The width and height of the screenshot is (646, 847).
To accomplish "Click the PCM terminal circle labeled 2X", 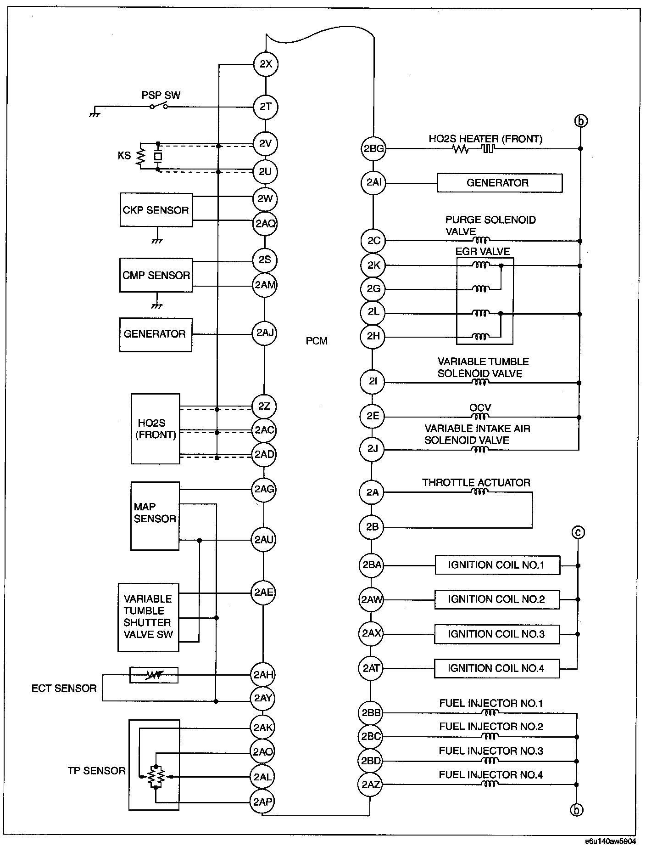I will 266,64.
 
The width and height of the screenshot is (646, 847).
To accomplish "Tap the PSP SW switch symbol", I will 158,107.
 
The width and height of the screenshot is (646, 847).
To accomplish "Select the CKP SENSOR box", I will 156,210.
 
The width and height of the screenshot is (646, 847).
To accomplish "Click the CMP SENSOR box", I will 156,275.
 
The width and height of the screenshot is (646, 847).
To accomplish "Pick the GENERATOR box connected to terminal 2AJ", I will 156,334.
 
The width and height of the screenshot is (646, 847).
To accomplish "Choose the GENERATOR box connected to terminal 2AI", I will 499,183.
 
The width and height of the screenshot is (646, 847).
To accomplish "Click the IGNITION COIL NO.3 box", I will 496,634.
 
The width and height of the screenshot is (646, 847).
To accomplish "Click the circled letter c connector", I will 578,533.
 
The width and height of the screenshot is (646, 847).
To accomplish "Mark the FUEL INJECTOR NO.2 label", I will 491,726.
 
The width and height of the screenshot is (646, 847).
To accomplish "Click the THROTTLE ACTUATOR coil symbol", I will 479,492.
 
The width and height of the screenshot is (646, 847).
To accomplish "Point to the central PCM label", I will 317,341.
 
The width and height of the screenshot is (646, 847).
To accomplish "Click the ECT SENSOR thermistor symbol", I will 154,675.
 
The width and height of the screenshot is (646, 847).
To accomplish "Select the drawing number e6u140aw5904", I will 610,840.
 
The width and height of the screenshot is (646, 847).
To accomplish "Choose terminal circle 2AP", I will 263,802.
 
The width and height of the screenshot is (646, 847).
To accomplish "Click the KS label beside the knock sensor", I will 124,156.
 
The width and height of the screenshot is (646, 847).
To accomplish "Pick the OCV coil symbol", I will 480,417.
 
